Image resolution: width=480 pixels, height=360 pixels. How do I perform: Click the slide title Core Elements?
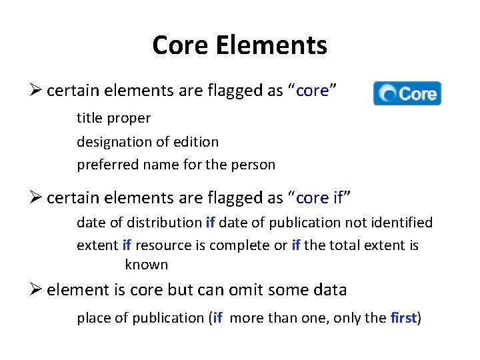(x=239, y=45)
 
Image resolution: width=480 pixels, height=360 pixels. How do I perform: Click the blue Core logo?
(x=407, y=93)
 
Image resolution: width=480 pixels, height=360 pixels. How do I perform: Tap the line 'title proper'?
(x=113, y=118)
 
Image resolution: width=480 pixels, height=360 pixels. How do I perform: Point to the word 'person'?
(x=254, y=165)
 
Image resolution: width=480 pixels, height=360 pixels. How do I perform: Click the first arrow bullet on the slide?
(x=37, y=91)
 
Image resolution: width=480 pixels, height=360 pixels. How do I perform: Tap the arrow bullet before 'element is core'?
(x=37, y=289)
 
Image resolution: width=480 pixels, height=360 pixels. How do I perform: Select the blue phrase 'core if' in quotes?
(x=321, y=198)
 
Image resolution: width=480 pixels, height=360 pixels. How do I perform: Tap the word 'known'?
(x=146, y=265)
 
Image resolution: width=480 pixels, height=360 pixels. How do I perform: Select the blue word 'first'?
(x=403, y=318)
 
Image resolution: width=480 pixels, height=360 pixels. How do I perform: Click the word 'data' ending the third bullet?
(x=331, y=289)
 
